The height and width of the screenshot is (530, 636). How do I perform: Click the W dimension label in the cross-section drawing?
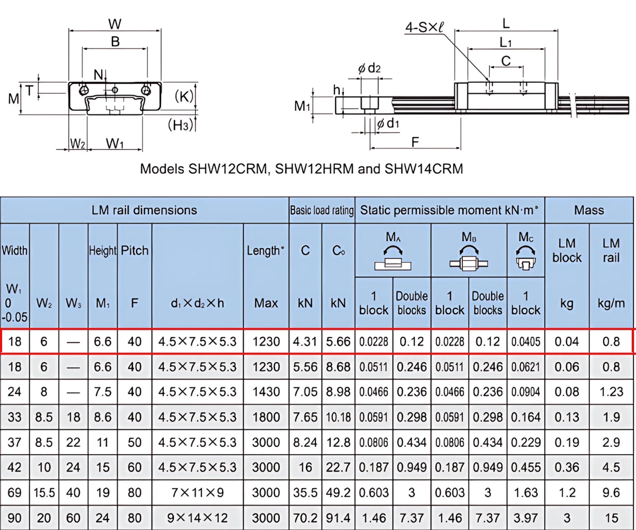pyautogui.click(x=114, y=24)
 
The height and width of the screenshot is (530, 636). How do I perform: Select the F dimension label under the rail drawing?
pyautogui.click(x=415, y=142)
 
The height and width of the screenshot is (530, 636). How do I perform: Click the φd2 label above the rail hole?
pyautogui.click(x=369, y=68)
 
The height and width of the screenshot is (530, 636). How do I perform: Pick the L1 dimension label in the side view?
pyautogui.click(x=506, y=42)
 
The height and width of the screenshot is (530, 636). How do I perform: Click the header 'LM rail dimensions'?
pyautogui.click(x=144, y=210)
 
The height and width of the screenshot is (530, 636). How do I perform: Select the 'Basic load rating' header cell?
pyautogui.click(x=322, y=210)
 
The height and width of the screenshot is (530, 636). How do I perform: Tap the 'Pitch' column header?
pyautogui.click(x=135, y=250)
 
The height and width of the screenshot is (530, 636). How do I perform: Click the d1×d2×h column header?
pyautogui.click(x=197, y=303)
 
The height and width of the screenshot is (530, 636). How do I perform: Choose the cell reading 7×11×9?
pyautogui.click(x=197, y=493)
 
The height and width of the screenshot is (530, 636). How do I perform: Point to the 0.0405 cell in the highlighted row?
pyautogui.click(x=526, y=342)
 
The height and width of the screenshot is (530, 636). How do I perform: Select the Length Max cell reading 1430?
pyautogui.click(x=266, y=392)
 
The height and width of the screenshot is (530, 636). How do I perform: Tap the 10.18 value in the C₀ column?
pyautogui.click(x=338, y=417)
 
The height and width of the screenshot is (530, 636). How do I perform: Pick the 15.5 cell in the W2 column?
pyautogui.click(x=45, y=493)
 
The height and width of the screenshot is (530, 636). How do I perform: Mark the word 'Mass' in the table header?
pyautogui.click(x=589, y=210)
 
